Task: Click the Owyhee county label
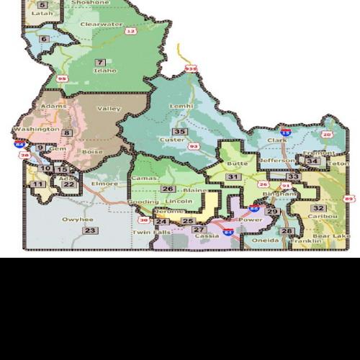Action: pyautogui.click(x=77, y=219)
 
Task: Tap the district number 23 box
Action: pyautogui.click(x=89, y=230)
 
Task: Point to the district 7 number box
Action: pyautogui.click(x=100, y=62)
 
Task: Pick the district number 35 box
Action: pyautogui.click(x=179, y=132)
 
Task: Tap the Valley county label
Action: pyautogui.click(x=109, y=109)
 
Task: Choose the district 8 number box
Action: pyautogui.click(x=66, y=132)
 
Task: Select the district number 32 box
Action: pyautogui.click(x=318, y=208)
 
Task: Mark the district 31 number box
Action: pyautogui.click(x=232, y=176)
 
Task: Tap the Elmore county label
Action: pyautogui.click(x=105, y=184)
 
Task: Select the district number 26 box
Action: pyautogui.click(x=168, y=189)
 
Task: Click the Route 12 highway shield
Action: pyautogui.click(x=130, y=31)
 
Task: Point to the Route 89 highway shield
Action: pyautogui.click(x=350, y=199)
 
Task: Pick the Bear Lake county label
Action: pyautogui.click(x=336, y=236)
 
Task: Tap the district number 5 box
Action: pyautogui.click(x=42, y=5)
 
